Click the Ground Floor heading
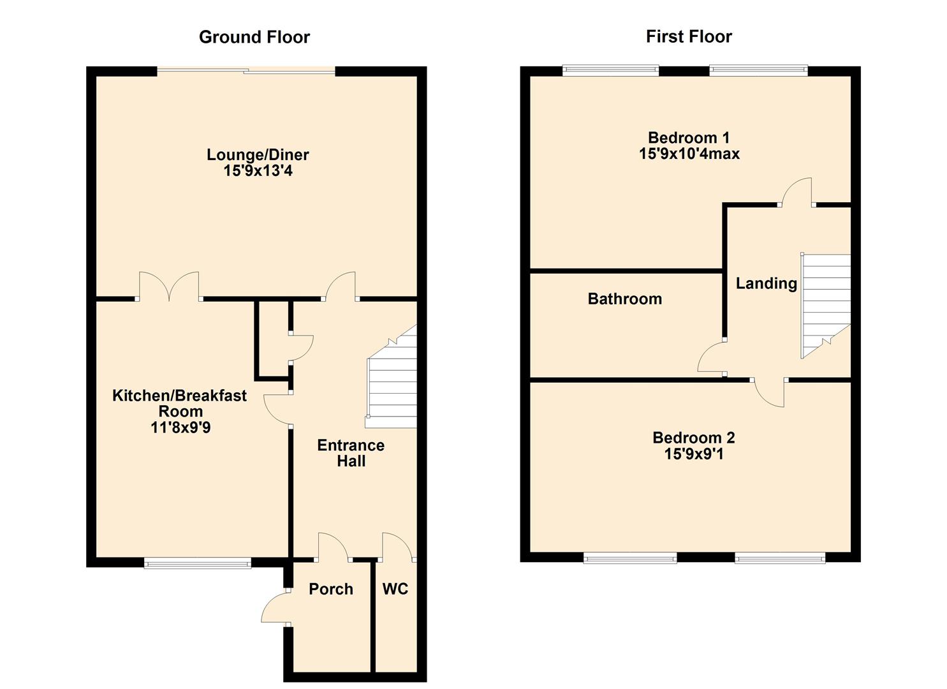(x=254, y=37)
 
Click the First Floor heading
(x=689, y=36)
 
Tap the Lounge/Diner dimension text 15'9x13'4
(x=258, y=171)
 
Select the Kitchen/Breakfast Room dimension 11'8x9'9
(x=180, y=427)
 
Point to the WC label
(x=395, y=589)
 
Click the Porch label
(x=330, y=589)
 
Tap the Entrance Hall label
(x=351, y=453)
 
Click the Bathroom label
(x=624, y=299)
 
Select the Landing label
(x=766, y=283)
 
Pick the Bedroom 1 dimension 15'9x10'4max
(x=689, y=154)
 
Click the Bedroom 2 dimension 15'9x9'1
(x=693, y=454)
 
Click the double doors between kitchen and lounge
(x=169, y=287)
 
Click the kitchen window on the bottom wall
(x=198, y=562)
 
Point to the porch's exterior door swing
(x=274, y=608)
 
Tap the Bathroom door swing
(x=711, y=359)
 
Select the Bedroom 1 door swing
(x=797, y=191)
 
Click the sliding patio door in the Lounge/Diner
(x=246, y=71)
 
